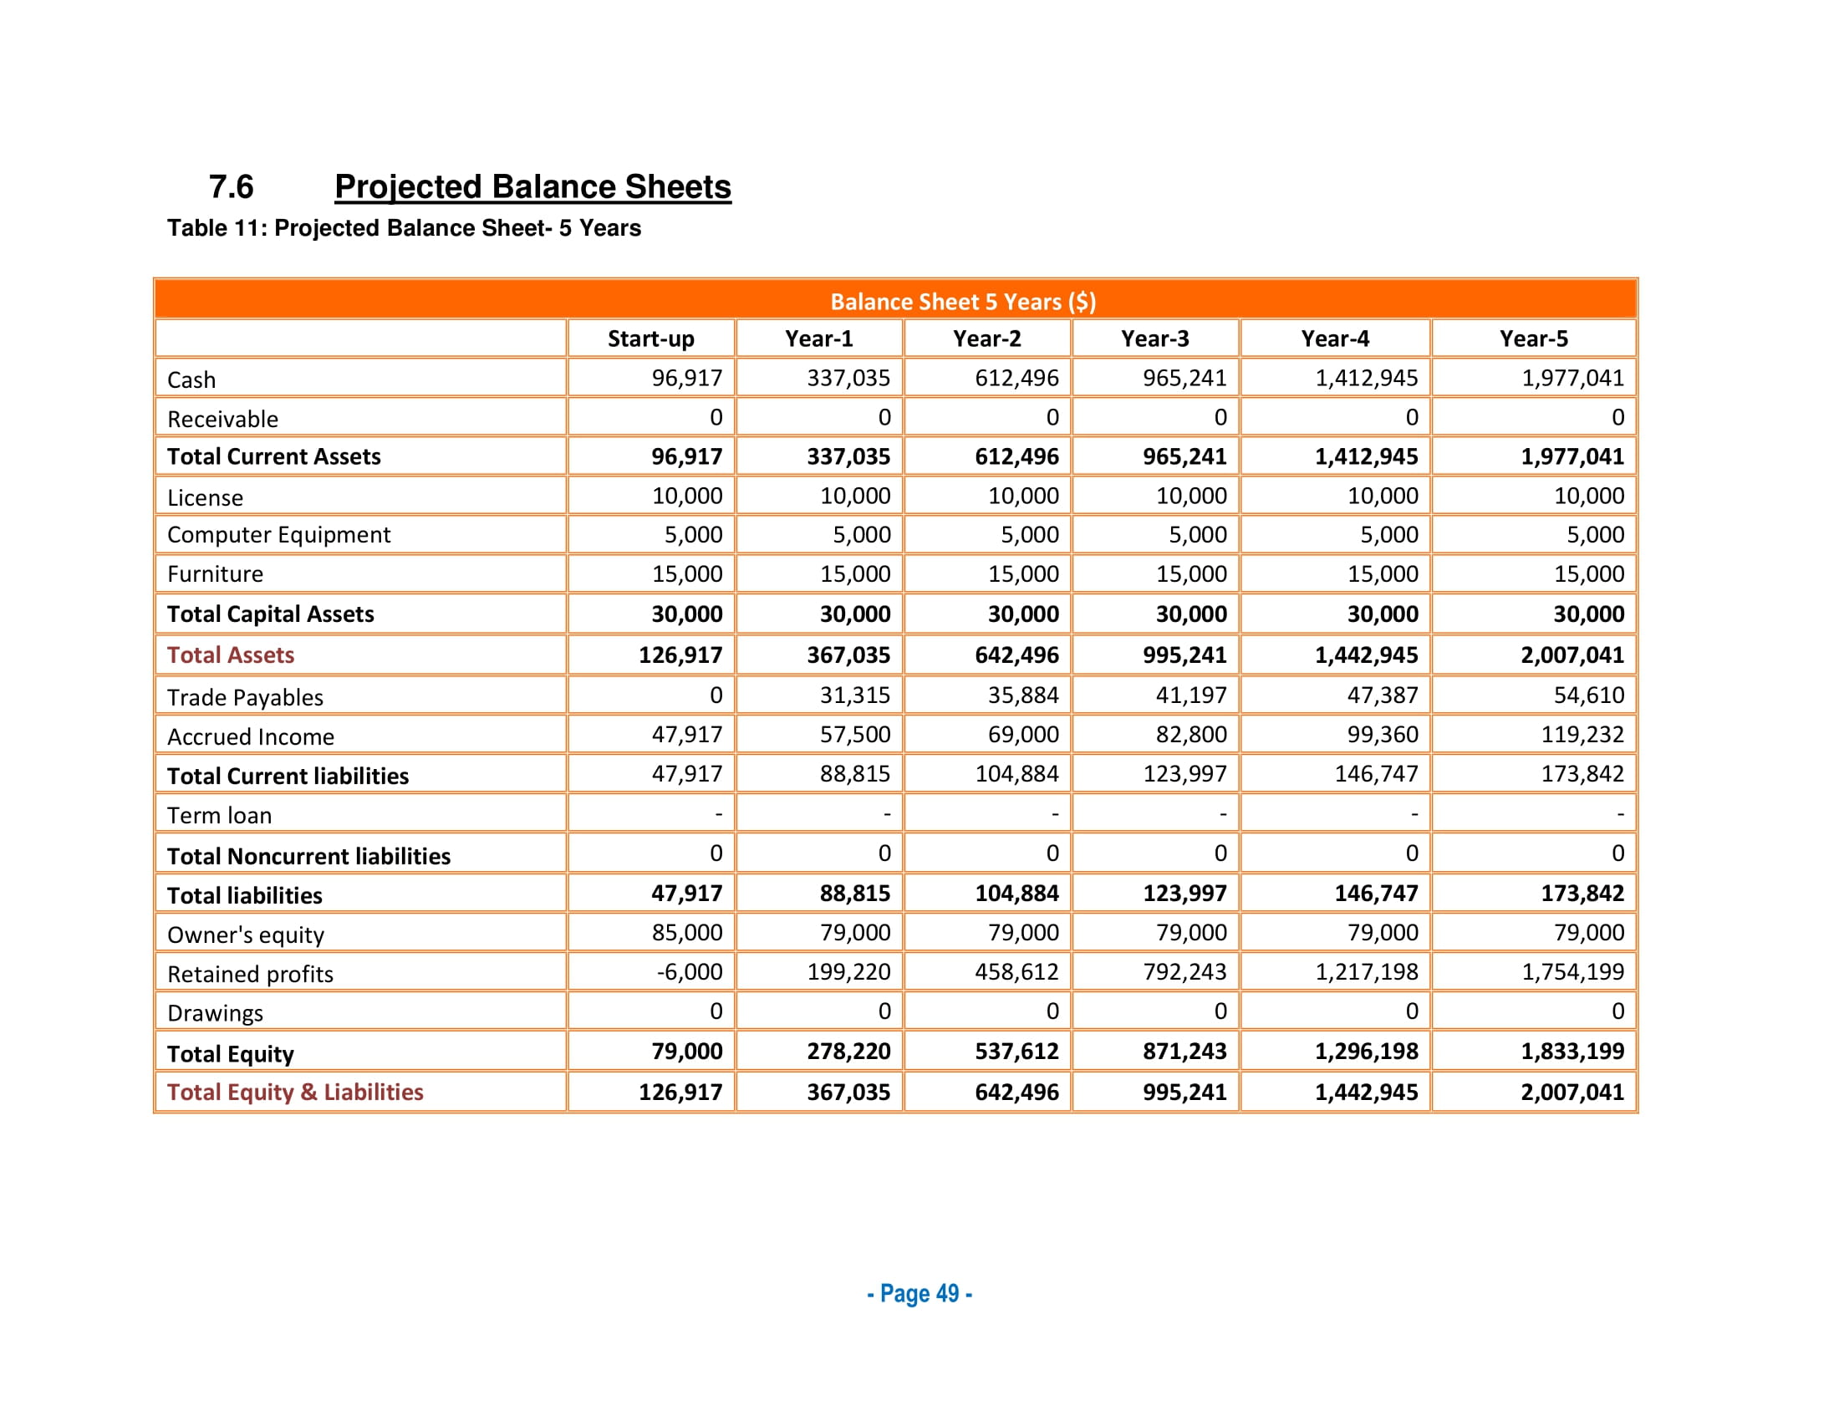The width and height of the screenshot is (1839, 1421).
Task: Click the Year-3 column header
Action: (1154, 339)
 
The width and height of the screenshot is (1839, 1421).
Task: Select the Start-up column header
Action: (651, 339)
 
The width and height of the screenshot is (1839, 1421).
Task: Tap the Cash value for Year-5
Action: (1572, 378)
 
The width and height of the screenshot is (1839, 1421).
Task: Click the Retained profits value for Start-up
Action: (689, 971)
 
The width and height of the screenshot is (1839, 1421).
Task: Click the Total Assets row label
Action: (231, 655)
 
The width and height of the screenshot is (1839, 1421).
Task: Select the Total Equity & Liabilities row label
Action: (295, 1092)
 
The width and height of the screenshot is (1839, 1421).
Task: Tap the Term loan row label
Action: (219, 815)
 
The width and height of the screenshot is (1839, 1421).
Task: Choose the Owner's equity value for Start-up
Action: (687, 932)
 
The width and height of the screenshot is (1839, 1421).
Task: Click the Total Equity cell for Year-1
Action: (848, 1051)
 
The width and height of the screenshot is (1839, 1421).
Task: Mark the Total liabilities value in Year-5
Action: (1582, 894)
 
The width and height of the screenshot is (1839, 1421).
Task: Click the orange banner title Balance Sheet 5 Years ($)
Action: (962, 302)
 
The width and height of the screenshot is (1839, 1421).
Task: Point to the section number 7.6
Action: (231, 187)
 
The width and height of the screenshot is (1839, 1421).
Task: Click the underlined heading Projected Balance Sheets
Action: (532, 187)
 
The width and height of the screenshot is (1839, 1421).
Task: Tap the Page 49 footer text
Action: (919, 1293)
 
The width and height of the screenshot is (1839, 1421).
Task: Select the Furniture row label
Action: (215, 574)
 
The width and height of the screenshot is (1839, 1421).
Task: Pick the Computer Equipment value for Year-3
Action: (1197, 535)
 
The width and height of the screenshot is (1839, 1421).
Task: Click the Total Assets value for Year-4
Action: (1366, 655)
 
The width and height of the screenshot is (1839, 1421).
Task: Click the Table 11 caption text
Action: (404, 228)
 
